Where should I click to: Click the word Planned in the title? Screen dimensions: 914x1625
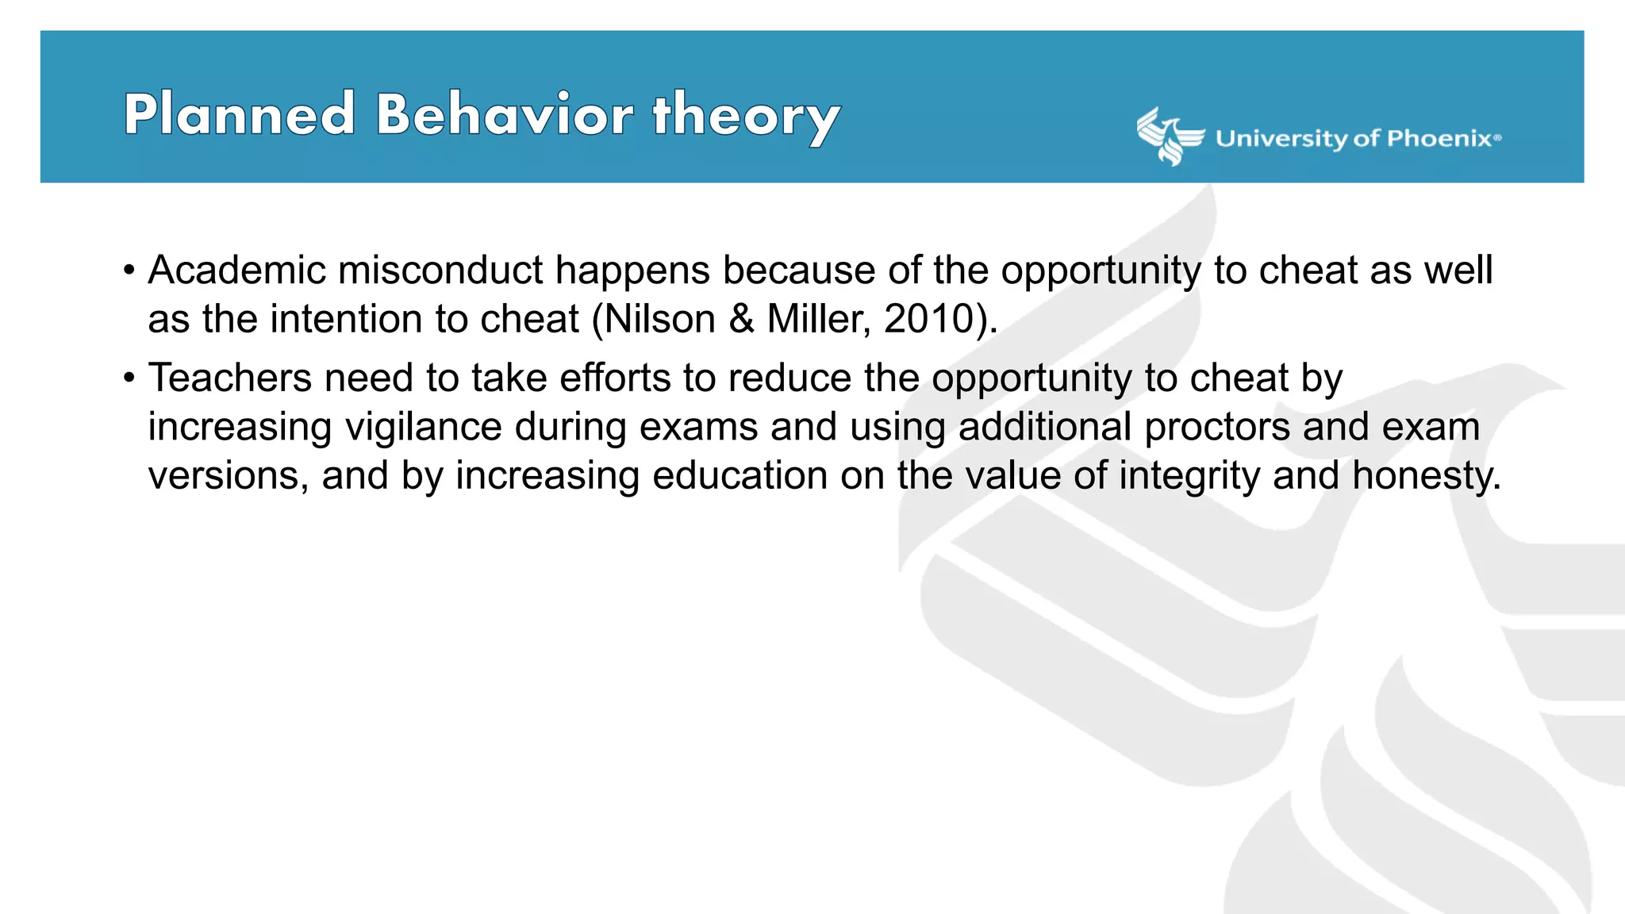[x=239, y=114]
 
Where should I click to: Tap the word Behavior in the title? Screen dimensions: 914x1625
[x=505, y=114]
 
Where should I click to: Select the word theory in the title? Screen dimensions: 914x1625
[x=746, y=117]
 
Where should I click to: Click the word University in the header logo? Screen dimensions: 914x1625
[x=1281, y=139]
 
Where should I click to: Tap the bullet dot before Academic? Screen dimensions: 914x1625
[x=129, y=271]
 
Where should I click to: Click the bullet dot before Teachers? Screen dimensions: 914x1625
[x=129, y=378]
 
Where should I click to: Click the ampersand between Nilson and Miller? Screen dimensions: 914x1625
[x=741, y=319]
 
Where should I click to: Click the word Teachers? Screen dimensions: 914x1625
[x=230, y=378]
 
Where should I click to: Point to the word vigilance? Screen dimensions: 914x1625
[x=423, y=427]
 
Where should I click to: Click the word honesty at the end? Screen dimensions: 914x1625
[x=1426, y=476]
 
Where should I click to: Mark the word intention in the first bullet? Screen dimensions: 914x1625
[x=346, y=319]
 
